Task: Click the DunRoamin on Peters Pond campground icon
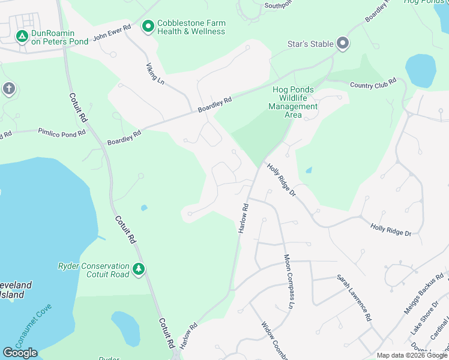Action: tap(22, 37)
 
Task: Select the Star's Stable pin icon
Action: tap(343, 43)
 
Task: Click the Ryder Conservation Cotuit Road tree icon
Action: tap(139, 269)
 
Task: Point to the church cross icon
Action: tap(8, 89)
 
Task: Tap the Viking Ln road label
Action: tap(155, 71)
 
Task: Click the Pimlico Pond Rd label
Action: tap(62, 133)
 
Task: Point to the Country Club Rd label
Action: tap(373, 85)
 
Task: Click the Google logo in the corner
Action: tap(20, 352)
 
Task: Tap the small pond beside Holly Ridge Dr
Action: tap(309, 170)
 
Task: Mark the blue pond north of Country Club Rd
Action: tap(420, 70)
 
